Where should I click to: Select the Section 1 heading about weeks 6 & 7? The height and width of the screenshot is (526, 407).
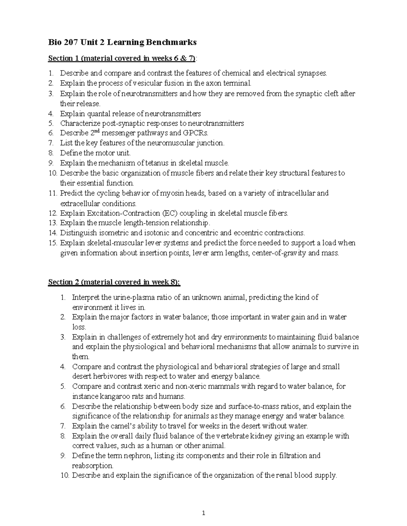(x=122, y=58)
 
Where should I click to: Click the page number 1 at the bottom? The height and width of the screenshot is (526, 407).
(x=203, y=513)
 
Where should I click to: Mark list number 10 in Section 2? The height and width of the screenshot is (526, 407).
(x=64, y=476)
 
